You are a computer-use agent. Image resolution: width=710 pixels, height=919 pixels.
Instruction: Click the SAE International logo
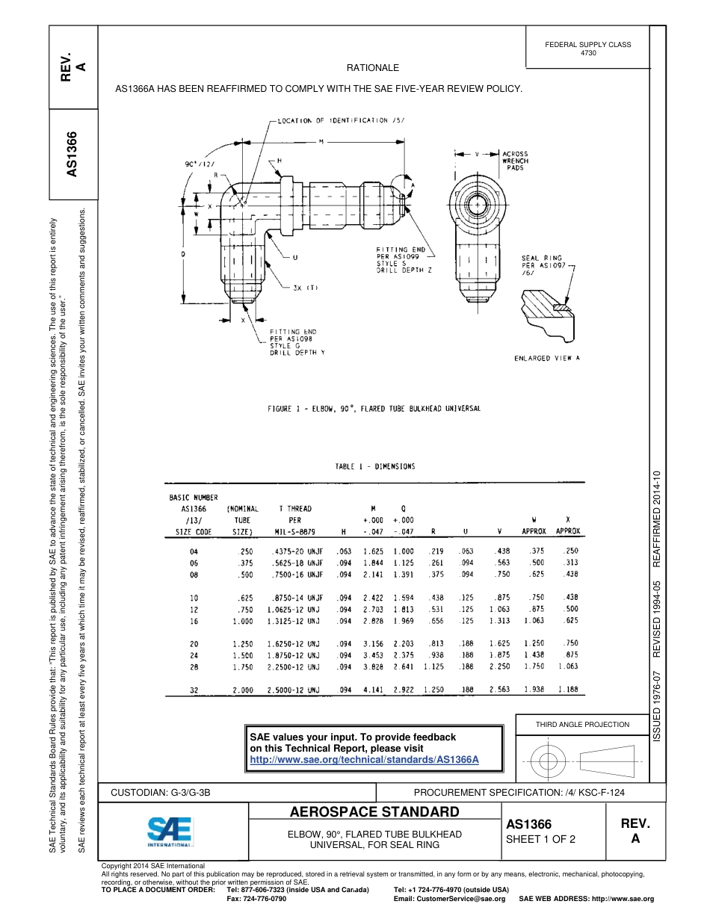point(170,830)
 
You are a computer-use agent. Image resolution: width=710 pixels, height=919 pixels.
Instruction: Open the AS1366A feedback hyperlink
point(363,760)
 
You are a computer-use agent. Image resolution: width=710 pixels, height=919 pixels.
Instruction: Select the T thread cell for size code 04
point(294,551)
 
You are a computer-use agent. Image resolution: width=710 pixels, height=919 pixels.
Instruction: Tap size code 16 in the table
point(194,621)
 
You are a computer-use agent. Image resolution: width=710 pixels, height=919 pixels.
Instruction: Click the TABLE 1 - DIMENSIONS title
point(374,466)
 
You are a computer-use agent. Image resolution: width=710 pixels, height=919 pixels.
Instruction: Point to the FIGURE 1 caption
point(374,409)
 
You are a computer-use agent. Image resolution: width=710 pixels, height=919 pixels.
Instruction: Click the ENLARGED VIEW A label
point(547,359)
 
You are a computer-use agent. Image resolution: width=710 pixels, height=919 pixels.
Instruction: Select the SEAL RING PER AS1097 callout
point(543,265)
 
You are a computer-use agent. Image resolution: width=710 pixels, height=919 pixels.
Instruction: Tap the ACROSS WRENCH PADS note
point(515,161)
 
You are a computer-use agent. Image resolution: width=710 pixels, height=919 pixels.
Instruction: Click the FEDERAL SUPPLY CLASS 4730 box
point(587,49)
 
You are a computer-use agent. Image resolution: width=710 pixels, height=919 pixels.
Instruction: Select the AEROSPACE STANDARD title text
point(374,812)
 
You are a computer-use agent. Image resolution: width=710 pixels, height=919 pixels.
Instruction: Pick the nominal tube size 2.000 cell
point(242,690)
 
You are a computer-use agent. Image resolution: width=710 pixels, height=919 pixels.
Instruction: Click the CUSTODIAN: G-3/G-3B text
point(166,792)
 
